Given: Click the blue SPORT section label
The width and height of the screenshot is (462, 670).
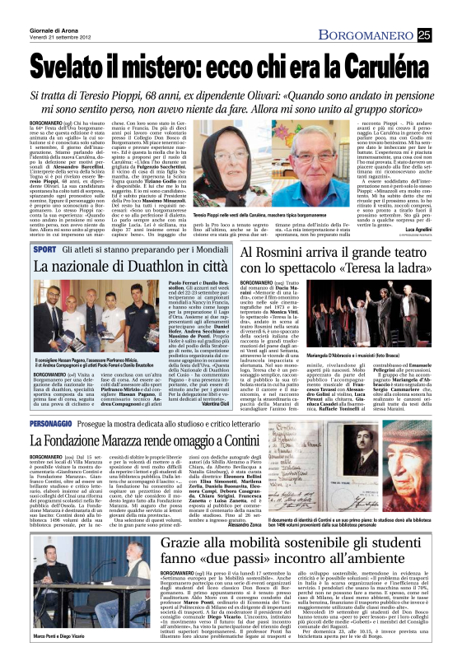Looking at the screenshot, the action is click(45, 248).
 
